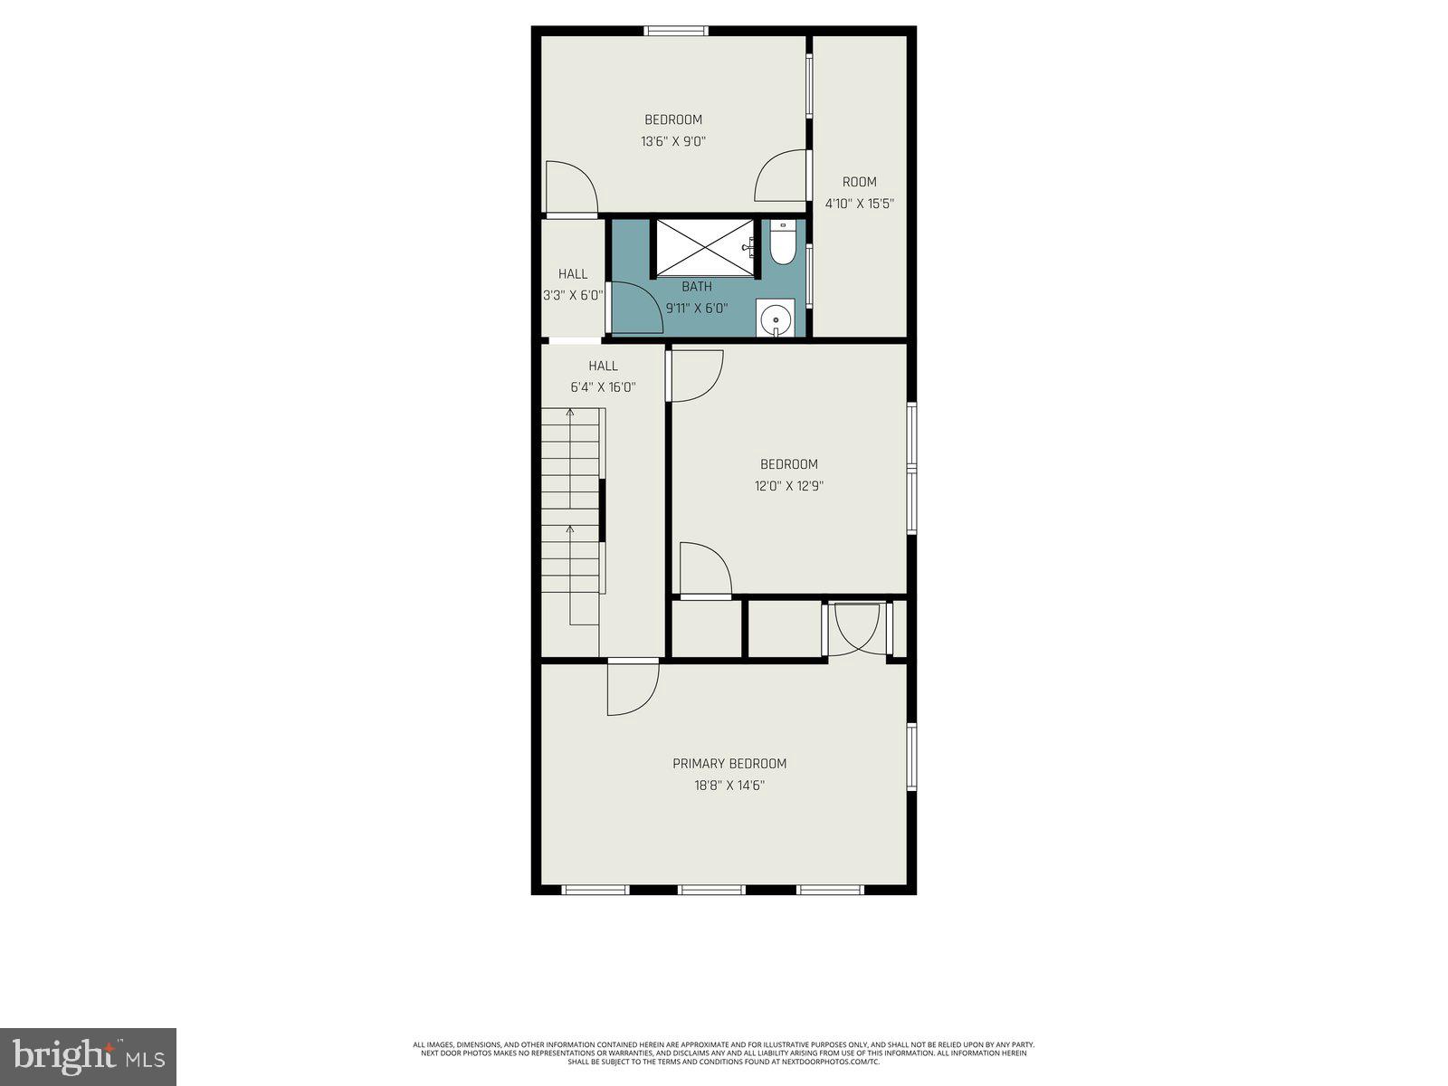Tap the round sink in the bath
click(776, 319)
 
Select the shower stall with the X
click(704, 245)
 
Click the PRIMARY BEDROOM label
click(729, 764)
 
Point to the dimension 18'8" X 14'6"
click(729, 786)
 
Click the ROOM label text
click(859, 182)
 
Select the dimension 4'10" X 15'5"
click(859, 204)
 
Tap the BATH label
click(697, 287)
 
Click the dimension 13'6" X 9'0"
click(672, 141)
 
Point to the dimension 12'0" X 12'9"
click(789, 486)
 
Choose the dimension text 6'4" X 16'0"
click(603, 387)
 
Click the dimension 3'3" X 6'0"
click(572, 295)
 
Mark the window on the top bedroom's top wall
click(675, 31)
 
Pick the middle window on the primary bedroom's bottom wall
click(711, 890)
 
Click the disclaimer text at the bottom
click(724, 1053)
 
